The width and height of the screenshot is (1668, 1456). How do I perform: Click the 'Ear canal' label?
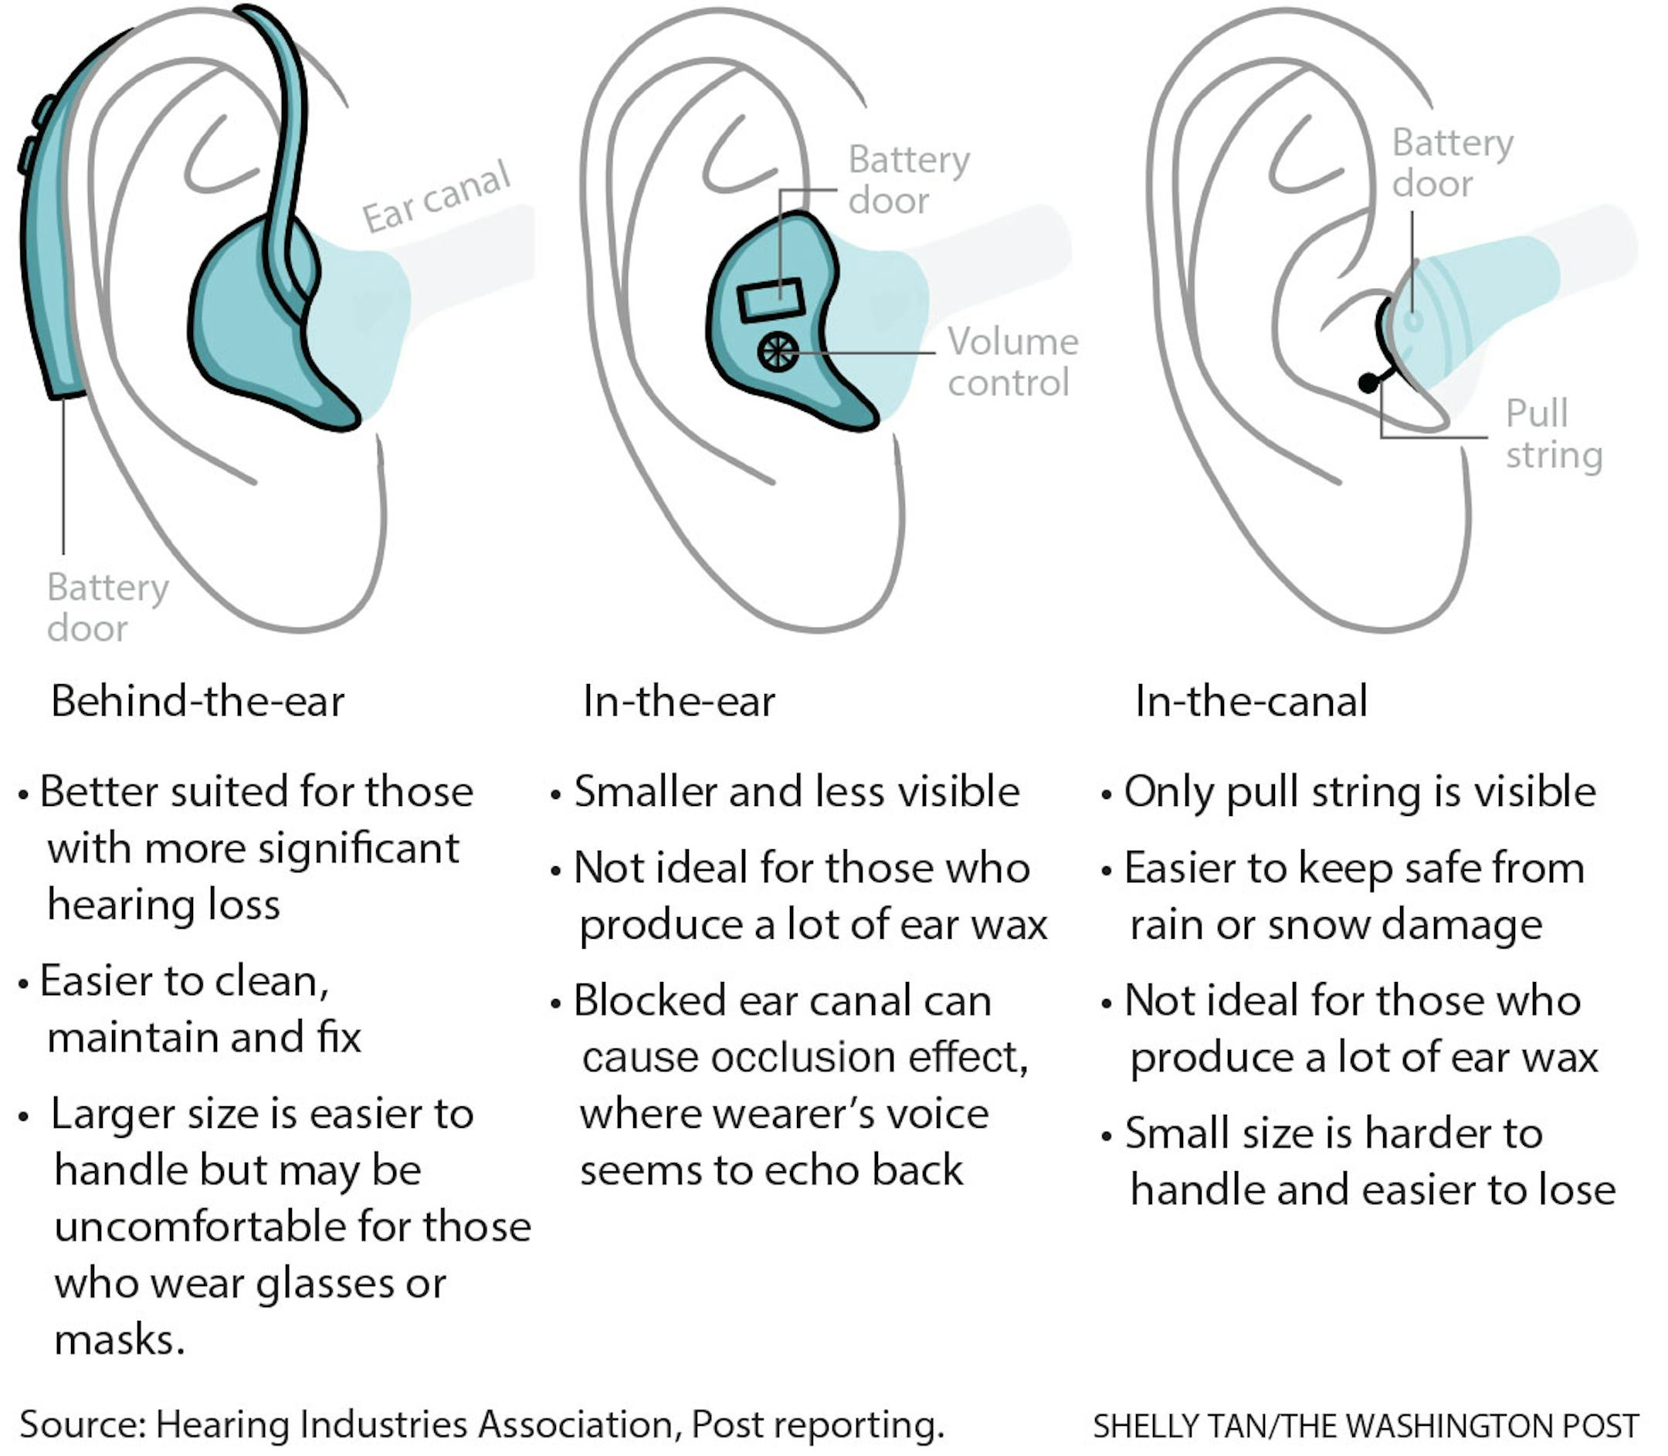click(436, 198)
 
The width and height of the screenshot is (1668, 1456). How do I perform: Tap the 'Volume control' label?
click(1012, 362)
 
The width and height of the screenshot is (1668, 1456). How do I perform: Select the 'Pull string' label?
click(1553, 434)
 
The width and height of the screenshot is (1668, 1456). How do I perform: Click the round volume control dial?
click(778, 352)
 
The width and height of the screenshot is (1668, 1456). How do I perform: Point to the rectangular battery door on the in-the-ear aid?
click(771, 300)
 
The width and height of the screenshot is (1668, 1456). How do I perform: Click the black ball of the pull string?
click(1369, 382)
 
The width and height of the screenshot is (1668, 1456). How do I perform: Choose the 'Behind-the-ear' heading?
click(198, 701)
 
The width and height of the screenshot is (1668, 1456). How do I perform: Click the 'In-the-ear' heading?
click(679, 701)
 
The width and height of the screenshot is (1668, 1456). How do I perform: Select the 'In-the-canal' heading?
click(1251, 701)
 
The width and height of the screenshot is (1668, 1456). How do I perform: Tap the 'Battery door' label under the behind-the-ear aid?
click(107, 608)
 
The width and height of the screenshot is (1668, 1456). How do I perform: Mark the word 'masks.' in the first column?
click(120, 1339)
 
